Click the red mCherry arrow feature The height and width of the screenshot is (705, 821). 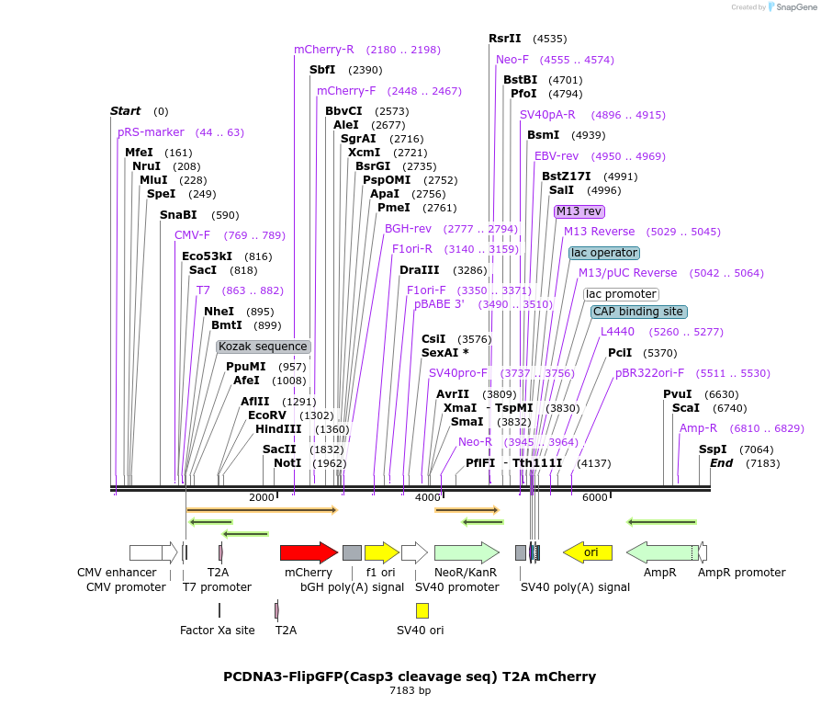tap(308, 552)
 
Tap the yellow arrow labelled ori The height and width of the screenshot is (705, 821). tap(587, 552)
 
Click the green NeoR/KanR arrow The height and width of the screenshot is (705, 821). tap(466, 552)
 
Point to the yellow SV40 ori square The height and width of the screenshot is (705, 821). tap(422, 610)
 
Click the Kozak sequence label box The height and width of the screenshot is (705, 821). tap(264, 347)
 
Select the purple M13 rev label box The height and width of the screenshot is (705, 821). tap(579, 211)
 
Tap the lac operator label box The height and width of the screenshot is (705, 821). tap(603, 253)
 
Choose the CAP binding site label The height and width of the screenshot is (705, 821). tap(638, 312)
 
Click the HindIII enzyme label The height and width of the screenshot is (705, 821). tap(278, 428)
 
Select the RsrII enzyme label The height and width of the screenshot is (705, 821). tap(505, 39)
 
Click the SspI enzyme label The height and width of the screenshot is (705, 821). tap(713, 449)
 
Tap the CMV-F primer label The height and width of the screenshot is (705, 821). tap(192, 235)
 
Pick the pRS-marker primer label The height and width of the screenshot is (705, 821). tap(151, 132)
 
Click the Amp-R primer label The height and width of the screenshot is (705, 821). tap(698, 428)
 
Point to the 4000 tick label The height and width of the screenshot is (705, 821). tap(428, 497)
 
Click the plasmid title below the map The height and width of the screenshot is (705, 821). tap(410, 677)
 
